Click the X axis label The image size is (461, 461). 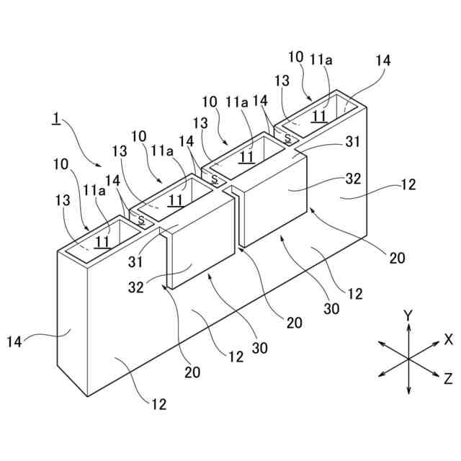448,339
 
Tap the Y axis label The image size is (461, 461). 408,315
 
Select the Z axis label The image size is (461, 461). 448,377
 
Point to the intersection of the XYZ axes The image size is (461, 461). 408,358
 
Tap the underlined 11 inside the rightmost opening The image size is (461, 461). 319,115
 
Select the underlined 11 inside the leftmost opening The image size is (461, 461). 103,242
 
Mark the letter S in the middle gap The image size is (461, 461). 214,179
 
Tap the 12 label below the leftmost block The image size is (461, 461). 159,403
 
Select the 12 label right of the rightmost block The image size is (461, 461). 408,184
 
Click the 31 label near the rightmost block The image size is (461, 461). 352,143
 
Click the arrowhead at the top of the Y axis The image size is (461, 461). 408,326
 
